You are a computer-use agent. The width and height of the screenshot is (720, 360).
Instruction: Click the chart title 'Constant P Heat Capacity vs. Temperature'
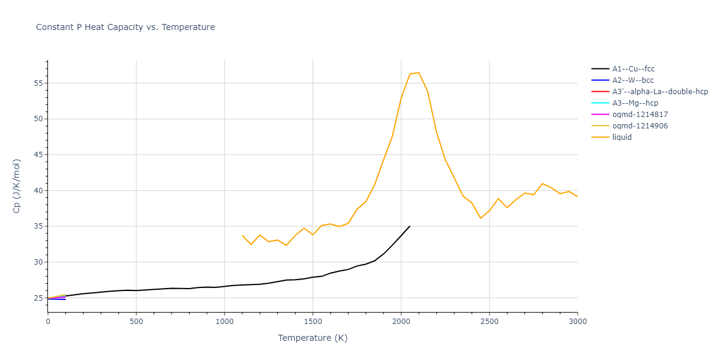click(x=125, y=27)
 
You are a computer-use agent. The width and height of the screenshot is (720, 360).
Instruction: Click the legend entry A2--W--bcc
click(x=633, y=80)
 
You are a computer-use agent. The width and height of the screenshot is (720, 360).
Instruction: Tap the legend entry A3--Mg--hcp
click(x=635, y=103)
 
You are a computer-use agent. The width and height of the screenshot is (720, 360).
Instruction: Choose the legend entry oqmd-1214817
click(x=640, y=115)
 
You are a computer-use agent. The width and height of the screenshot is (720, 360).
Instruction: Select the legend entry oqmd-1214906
click(x=640, y=126)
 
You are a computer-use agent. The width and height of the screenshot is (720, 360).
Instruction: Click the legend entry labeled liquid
click(x=622, y=137)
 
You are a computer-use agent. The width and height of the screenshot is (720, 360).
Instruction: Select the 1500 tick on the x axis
click(x=313, y=322)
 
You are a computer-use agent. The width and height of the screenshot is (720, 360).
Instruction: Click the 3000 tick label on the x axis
click(x=577, y=322)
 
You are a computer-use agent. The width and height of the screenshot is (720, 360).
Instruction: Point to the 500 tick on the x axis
click(x=136, y=322)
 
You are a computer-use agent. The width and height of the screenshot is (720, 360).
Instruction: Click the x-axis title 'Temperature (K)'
click(x=313, y=338)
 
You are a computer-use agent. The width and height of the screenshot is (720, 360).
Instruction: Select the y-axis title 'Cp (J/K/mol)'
click(x=17, y=186)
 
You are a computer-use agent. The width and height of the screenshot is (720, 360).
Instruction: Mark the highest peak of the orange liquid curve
click(x=418, y=73)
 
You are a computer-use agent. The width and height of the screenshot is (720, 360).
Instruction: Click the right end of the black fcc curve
click(x=410, y=226)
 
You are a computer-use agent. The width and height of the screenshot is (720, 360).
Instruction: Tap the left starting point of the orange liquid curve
click(x=242, y=236)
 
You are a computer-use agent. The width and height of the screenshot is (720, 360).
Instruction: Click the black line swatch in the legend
click(x=600, y=69)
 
